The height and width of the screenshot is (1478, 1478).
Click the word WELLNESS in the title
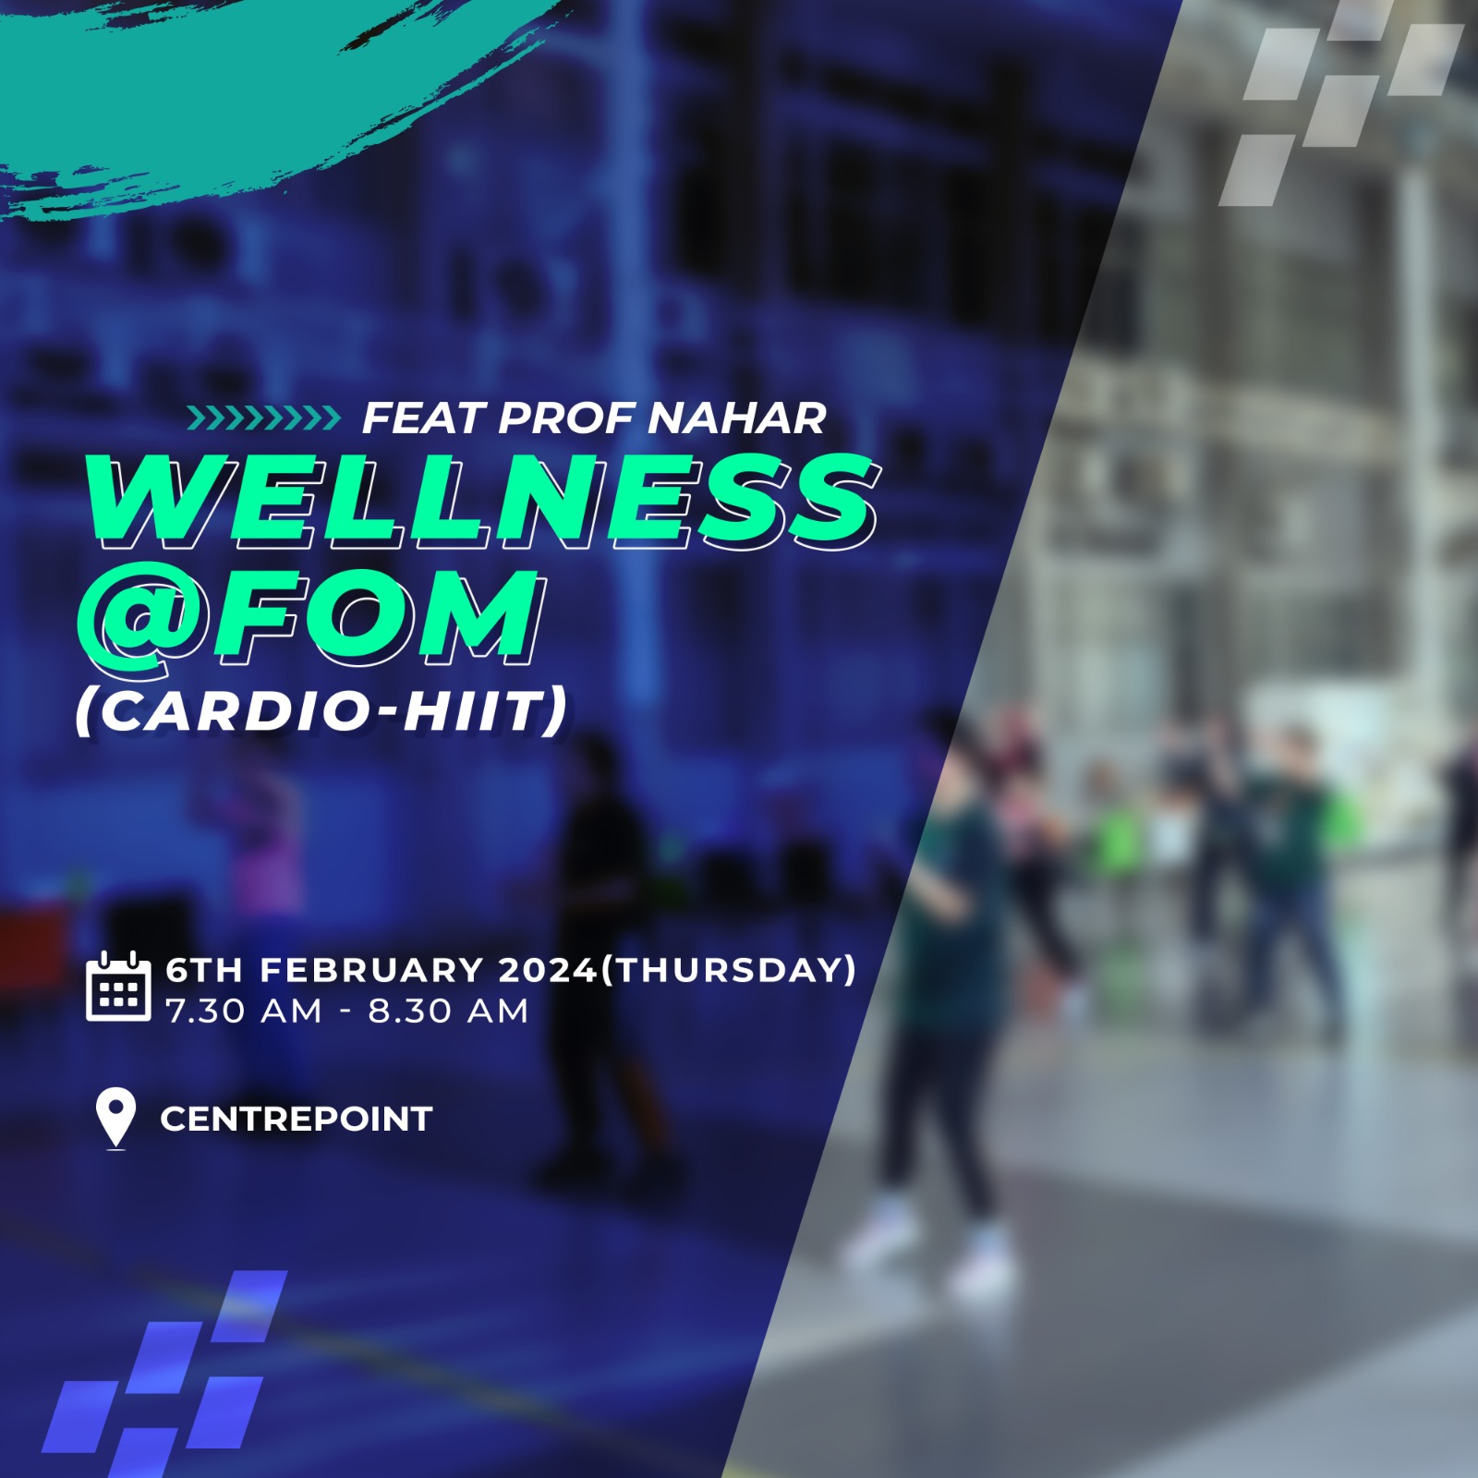point(480,502)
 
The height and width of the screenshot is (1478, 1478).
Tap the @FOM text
point(309,617)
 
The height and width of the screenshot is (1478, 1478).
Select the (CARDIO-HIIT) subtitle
point(321,710)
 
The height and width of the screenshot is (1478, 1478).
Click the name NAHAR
point(736,418)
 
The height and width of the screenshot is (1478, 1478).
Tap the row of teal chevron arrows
point(263,418)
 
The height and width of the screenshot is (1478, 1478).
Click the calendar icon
point(118,986)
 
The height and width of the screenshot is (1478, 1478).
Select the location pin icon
point(116,1119)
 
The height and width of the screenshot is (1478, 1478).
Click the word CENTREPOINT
point(297,1119)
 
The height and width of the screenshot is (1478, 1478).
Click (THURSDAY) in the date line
point(729,970)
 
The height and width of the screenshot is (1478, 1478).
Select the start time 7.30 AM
point(244,1012)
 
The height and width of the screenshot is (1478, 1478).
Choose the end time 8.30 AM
point(449,1012)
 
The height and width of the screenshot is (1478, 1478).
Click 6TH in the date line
point(205,970)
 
